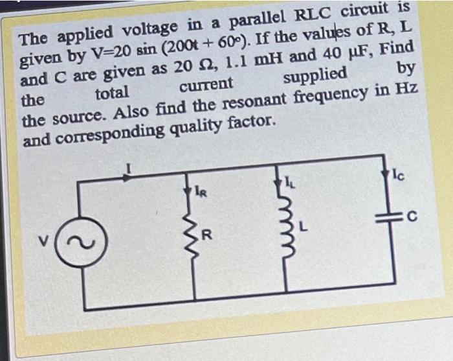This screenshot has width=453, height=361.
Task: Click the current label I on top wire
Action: pyautogui.click(x=127, y=170)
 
